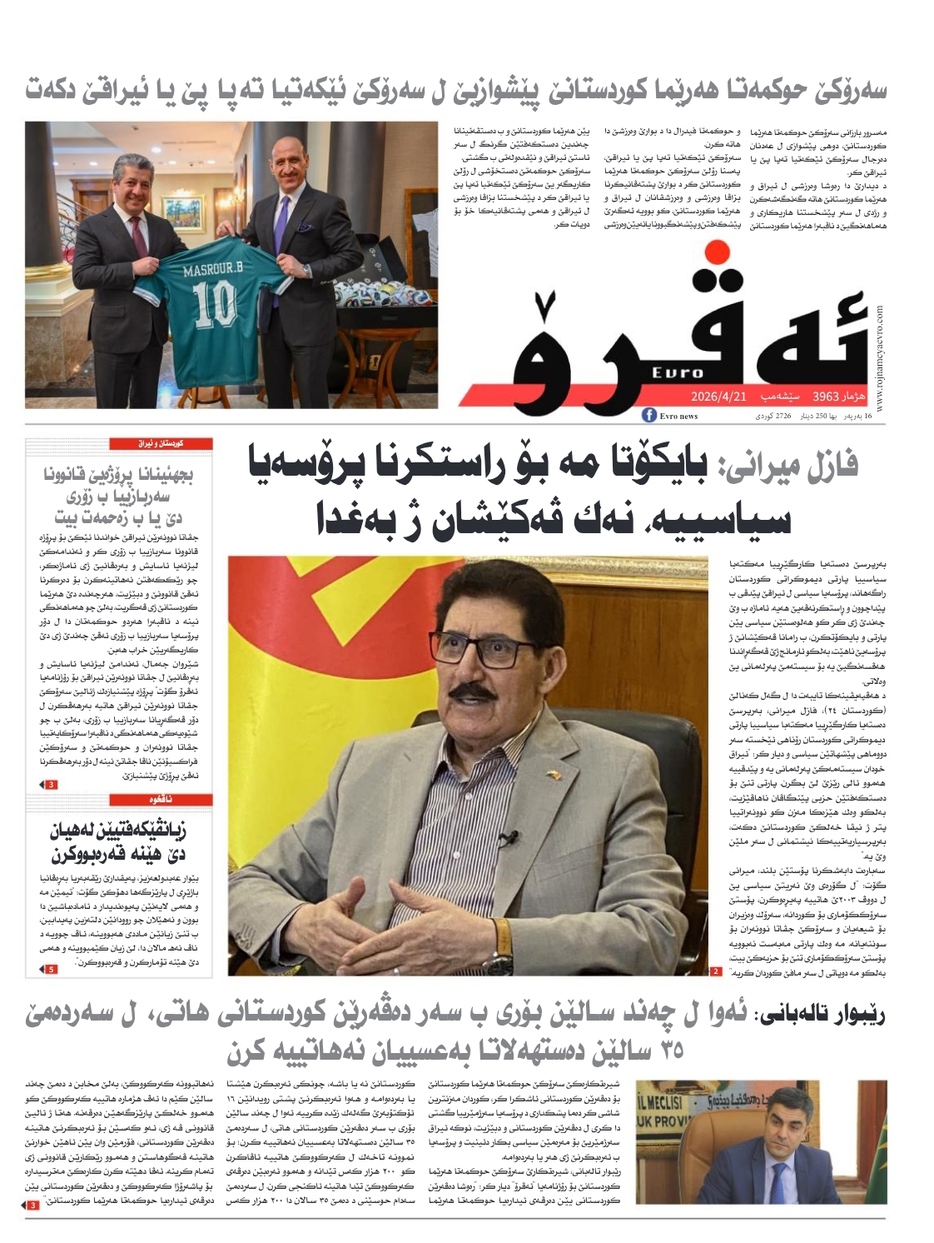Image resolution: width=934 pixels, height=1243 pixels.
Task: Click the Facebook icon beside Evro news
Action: click(x=649, y=416)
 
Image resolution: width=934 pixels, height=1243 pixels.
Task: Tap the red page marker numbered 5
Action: click(x=51, y=970)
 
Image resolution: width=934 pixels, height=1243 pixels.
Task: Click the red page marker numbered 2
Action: click(x=716, y=971)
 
